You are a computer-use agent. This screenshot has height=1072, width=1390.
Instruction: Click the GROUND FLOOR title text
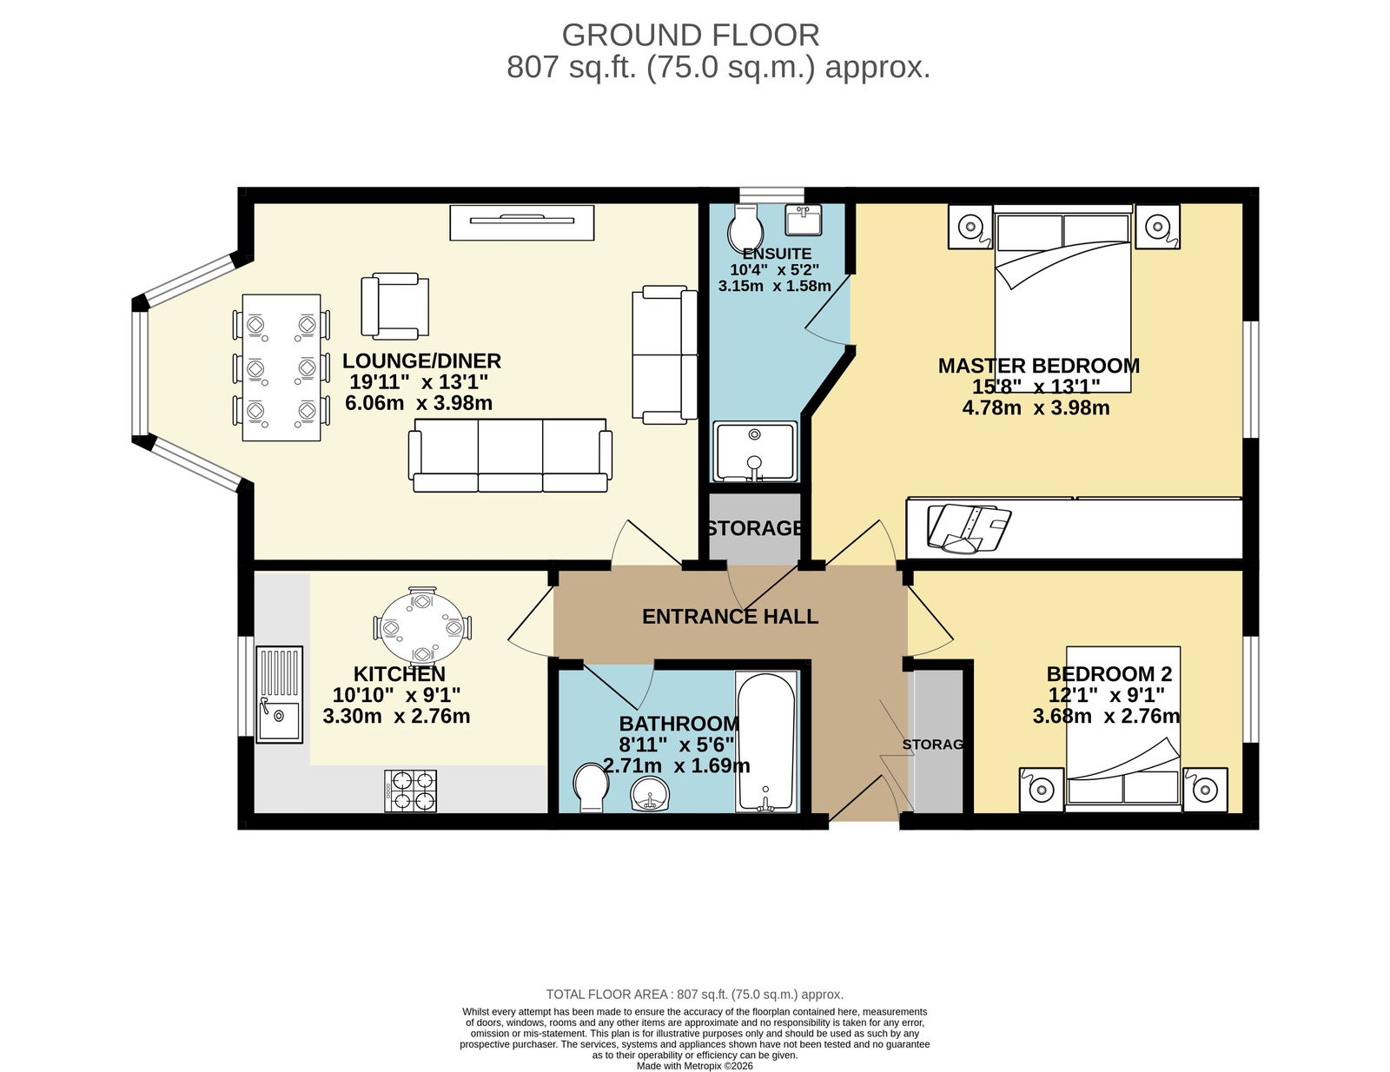coord(690,36)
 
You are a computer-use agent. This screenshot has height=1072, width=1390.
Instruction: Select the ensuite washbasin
coord(804,220)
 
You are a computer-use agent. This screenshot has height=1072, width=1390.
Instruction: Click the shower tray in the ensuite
coord(756,452)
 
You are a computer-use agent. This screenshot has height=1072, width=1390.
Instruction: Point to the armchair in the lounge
coord(394,307)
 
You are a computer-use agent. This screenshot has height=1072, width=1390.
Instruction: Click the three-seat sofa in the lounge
coord(510,455)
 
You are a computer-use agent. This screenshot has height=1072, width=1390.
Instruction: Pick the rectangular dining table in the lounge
coord(281,367)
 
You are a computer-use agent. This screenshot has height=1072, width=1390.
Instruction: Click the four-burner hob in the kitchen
coord(411,791)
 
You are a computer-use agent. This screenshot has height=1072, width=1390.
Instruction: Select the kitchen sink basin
coord(279,722)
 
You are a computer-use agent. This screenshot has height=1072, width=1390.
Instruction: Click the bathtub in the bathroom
coord(766,742)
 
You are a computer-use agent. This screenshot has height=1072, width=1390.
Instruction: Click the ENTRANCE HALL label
coord(730,617)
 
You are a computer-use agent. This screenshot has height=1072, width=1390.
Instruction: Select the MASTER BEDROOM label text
coord(1039,366)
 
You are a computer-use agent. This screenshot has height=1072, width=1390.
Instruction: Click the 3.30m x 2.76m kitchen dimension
coord(397,716)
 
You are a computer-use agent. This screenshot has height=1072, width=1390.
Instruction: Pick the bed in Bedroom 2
coord(1123,729)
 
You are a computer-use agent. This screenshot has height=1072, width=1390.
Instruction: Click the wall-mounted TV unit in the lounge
coord(522,222)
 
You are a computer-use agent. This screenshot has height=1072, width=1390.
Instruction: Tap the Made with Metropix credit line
coord(695,1066)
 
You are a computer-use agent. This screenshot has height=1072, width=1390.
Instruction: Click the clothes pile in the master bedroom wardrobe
coord(969,528)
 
